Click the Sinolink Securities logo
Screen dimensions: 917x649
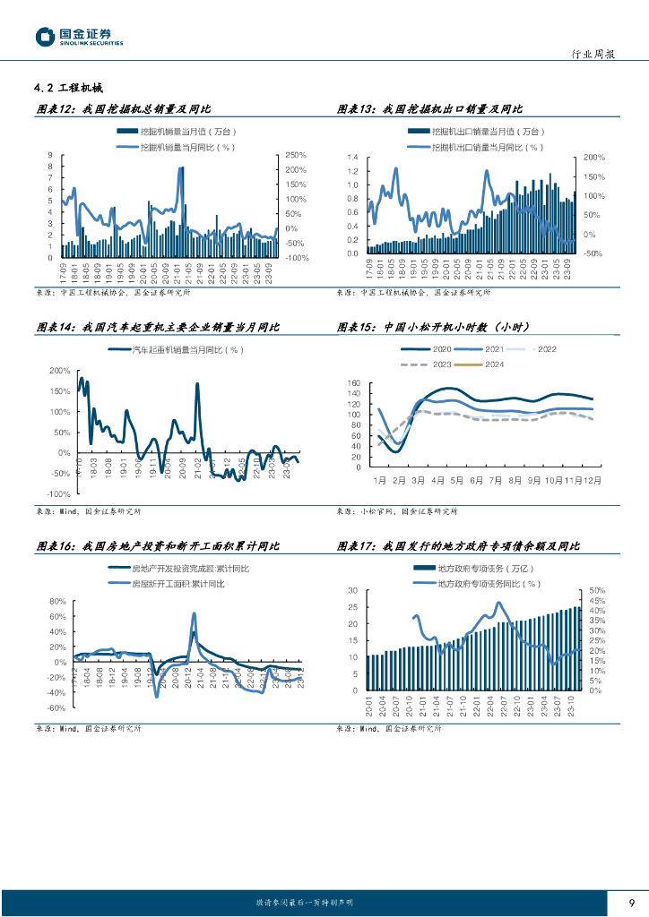[x=79, y=37]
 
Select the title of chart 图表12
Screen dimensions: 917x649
[x=122, y=109]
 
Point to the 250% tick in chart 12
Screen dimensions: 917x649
[x=296, y=155]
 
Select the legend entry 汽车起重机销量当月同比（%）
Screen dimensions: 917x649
[x=187, y=349]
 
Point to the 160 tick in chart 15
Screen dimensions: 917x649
[x=353, y=383]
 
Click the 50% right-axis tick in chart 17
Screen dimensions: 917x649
[x=597, y=591]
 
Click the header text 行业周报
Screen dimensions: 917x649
[x=593, y=55]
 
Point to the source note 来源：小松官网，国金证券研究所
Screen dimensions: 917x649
[x=396, y=511]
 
